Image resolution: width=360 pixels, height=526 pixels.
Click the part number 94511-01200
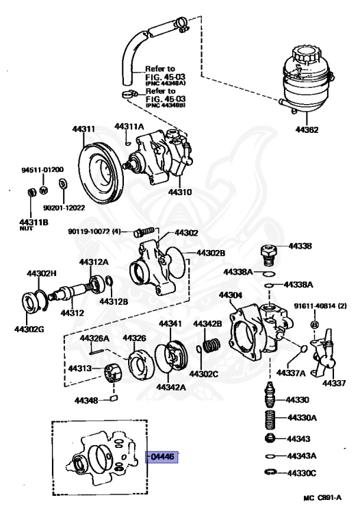pos(42,168)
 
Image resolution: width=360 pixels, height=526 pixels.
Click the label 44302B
pos(211,253)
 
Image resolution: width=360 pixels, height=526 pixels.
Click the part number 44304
pos(231,296)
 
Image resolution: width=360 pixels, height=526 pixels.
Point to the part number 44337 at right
pos(335,383)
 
